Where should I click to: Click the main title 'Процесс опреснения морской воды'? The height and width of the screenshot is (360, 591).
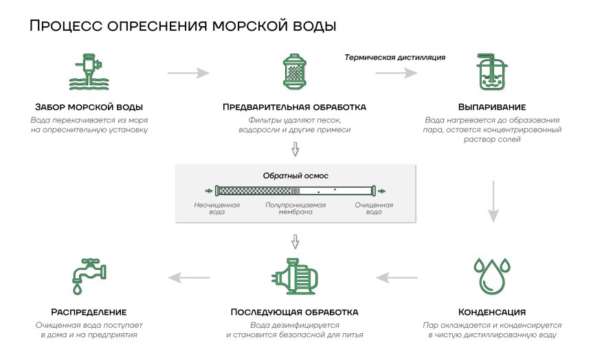[x=183, y=27]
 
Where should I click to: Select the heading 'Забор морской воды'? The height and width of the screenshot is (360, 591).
[x=89, y=108]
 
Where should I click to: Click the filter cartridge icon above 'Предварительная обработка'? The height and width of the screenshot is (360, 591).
[x=294, y=72]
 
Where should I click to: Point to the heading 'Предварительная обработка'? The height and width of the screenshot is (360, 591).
[x=294, y=108]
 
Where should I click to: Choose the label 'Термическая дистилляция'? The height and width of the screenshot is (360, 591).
[x=395, y=57]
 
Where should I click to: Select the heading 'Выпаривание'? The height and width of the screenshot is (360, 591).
[x=492, y=108]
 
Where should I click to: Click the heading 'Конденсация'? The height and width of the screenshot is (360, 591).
[x=492, y=312]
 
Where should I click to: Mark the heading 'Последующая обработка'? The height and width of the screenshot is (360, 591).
[x=294, y=312]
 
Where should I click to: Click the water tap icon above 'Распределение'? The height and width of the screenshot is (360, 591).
[x=88, y=276]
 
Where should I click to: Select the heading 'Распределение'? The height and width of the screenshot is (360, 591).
[x=88, y=312]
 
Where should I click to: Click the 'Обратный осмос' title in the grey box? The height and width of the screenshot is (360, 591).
[x=295, y=176]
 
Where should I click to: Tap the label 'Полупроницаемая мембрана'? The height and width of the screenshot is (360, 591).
[x=295, y=208]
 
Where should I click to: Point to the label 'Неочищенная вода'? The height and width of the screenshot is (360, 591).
[x=216, y=208]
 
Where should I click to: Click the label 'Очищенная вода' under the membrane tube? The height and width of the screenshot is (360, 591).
[x=374, y=208]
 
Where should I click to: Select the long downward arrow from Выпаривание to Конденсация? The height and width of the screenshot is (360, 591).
[x=492, y=201]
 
